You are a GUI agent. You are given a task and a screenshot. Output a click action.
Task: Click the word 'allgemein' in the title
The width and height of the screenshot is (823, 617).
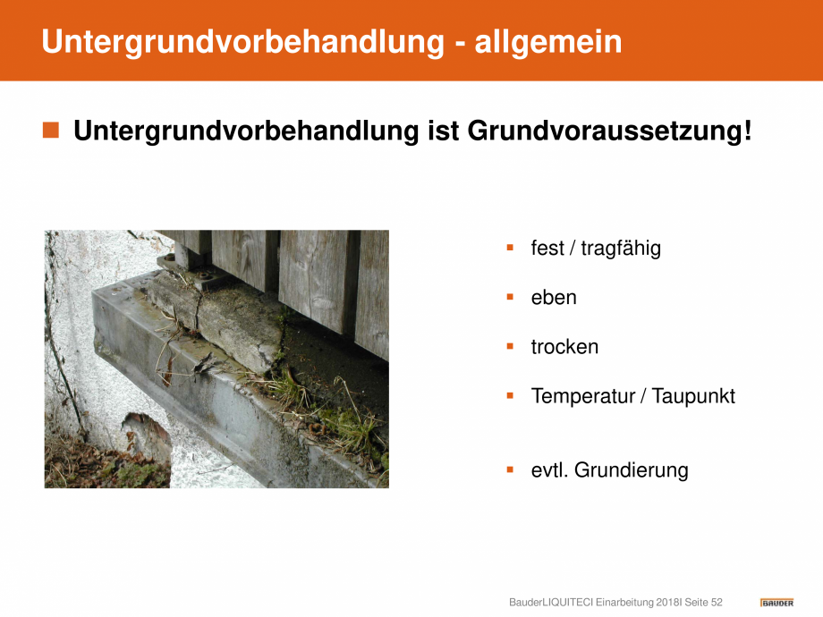(x=548, y=42)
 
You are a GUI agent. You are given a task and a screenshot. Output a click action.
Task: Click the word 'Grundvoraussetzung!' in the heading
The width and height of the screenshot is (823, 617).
(x=609, y=131)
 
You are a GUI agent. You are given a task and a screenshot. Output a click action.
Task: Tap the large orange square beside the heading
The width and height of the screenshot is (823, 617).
(x=51, y=131)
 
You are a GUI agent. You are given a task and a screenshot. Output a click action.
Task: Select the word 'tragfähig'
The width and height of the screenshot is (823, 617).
(x=621, y=249)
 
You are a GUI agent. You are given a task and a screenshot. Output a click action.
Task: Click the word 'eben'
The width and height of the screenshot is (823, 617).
(x=554, y=298)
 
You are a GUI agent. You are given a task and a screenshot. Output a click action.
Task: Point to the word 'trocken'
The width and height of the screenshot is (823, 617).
(x=564, y=347)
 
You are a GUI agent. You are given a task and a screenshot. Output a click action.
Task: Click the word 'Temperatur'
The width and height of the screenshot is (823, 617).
(x=583, y=396)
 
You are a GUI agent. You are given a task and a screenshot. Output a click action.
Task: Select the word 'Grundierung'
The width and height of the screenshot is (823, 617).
(x=631, y=470)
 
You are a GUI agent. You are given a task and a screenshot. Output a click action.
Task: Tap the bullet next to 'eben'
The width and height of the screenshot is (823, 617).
(x=510, y=297)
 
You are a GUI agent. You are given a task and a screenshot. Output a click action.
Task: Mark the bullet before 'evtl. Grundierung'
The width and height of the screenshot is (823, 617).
(x=510, y=469)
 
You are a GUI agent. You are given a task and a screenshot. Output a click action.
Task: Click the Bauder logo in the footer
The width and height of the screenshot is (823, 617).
(x=776, y=603)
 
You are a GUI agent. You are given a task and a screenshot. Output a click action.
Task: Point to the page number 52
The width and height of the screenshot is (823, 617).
(x=717, y=603)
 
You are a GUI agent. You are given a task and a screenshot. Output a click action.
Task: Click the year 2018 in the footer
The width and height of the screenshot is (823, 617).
(x=668, y=603)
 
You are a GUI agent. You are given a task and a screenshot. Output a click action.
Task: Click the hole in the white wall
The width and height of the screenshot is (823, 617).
(x=147, y=436)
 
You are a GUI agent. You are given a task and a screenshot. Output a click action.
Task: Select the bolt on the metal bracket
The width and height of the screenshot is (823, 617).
(x=204, y=275)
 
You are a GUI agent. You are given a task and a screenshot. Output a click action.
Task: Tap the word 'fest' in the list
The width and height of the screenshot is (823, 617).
(x=547, y=249)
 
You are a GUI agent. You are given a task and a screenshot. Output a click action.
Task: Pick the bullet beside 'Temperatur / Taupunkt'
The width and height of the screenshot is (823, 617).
(x=510, y=395)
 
